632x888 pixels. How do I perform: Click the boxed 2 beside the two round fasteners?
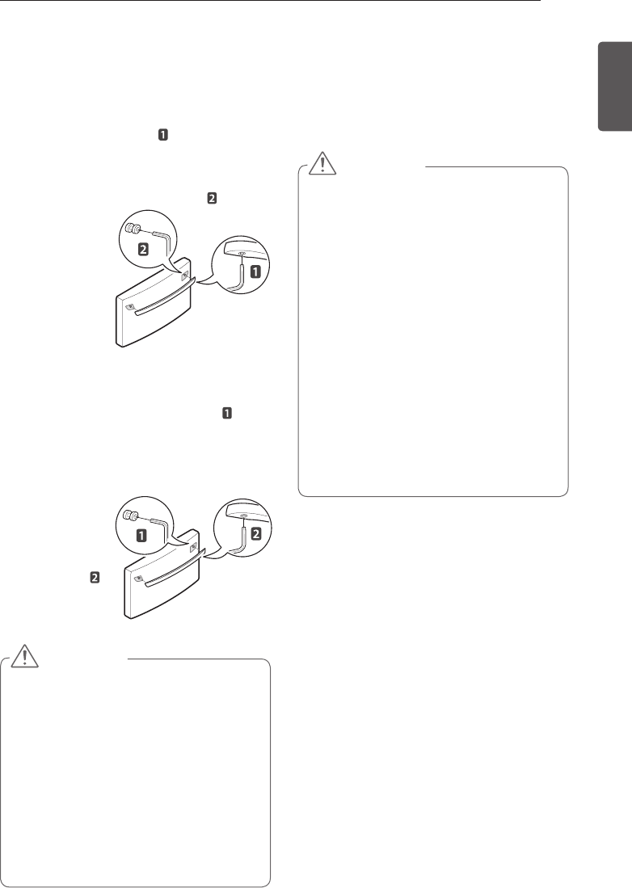(144, 250)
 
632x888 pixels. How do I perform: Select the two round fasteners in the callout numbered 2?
(133, 229)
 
